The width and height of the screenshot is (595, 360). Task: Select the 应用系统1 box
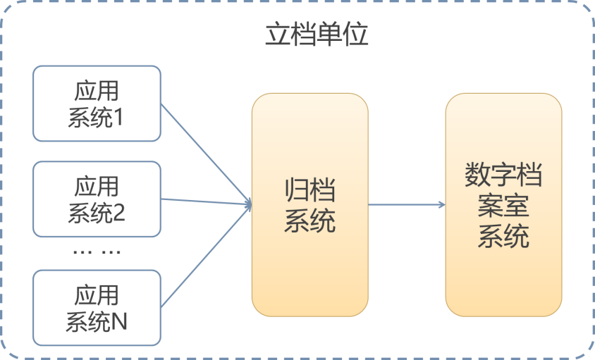[x=97, y=104]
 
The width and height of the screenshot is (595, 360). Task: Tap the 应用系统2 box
[x=97, y=199]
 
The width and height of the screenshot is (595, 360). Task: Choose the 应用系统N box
[x=97, y=308]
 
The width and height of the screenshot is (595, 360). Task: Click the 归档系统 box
[x=309, y=204]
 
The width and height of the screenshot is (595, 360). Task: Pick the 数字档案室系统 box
[x=503, y=204]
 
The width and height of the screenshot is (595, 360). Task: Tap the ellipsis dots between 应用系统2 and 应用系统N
[x=97, y=252]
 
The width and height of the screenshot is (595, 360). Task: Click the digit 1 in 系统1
[x=118, y=118]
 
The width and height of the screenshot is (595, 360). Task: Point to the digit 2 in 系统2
[x=118, y=213]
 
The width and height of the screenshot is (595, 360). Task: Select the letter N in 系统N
[x=119, y=323]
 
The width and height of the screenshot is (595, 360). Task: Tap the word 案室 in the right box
[x=503, y=206]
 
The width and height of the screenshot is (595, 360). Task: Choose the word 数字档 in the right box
[x=503, y=175]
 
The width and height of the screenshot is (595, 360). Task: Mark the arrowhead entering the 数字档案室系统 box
[x=441, y=205]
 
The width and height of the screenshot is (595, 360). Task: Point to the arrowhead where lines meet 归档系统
[x=248, y=204]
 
